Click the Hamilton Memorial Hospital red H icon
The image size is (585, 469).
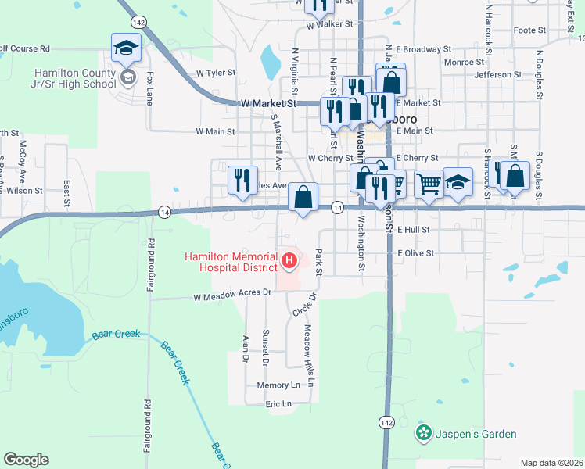point(289,260)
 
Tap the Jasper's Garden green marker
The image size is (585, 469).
point(424,432)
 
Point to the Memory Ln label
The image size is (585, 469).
point(278,385)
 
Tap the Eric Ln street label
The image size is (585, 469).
point(278,404)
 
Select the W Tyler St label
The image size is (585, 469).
point(216,73)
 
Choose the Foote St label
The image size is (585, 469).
point(529,30)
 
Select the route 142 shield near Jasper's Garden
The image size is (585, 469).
point(386,421)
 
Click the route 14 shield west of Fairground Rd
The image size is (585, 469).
point(164,212)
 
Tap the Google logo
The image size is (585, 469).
point(26,460)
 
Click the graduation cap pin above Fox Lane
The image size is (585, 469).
point(125,48)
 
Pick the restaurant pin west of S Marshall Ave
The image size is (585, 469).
point(242,179)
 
